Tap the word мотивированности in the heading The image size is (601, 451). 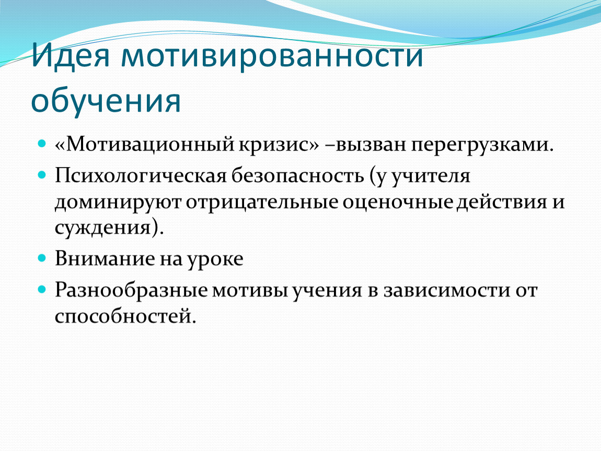tap(272, 55)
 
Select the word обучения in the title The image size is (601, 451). tap(106, 101)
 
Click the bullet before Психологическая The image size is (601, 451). tap(42, 175)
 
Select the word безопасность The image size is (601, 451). tap(297, 176)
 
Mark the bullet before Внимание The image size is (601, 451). tap(42, 258)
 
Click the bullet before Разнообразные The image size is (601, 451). tap(42, 289)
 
